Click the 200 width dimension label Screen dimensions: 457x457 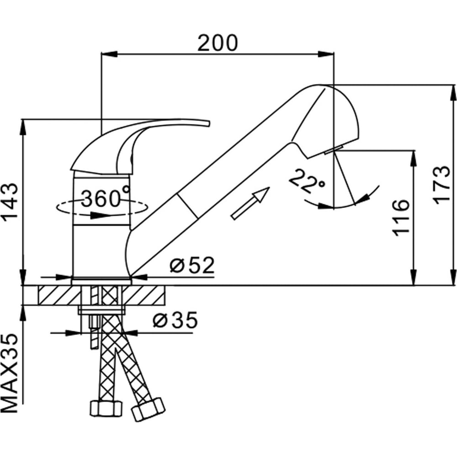tap(218, 43)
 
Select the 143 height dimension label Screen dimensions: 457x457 tap(11, 202)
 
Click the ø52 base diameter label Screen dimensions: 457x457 tap(192, 265)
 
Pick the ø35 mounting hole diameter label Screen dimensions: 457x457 tap(175, 320)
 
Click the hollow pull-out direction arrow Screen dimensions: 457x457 tap(250, 203)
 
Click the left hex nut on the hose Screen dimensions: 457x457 tap(106, 409)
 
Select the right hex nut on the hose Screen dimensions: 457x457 tap(148, 409)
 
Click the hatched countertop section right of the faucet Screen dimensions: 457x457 tap(143, 295)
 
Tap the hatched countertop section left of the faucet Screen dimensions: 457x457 tap(59, 295)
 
